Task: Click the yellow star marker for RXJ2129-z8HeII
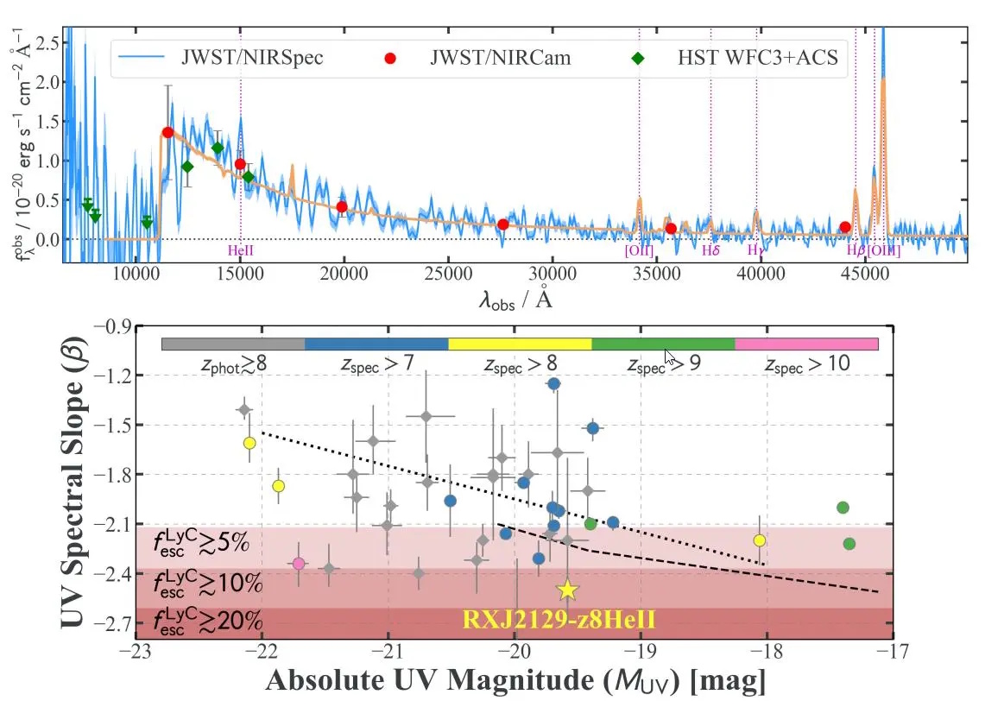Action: (x=567, y=590)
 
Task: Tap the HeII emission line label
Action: (x=241, y=251)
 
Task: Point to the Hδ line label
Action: (x=710, y=251)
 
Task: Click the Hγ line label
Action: (x=756, y=251)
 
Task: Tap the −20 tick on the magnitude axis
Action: (x=515, y=653)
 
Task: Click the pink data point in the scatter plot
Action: (x=299, y=564)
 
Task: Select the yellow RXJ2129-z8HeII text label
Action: (x=567, y=619)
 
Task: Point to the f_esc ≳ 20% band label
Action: (x=207, y=621)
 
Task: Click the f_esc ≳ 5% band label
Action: (x=201, y=543)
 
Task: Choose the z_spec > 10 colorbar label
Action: (x=807, y=364)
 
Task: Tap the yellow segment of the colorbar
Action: (x=520, y=344)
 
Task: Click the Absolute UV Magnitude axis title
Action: (x=515, y=681)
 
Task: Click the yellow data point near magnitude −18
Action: (x=760, y=540)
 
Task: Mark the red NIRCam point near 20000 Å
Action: (x=342, y=207)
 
